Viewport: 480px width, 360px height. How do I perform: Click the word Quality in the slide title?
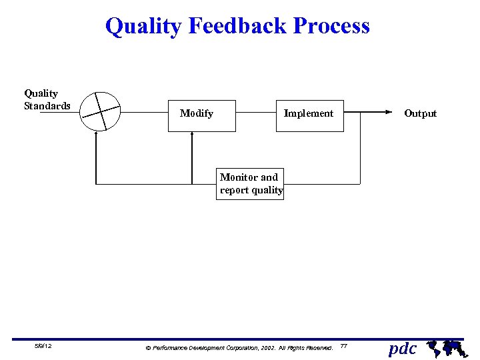[x=143, y=26]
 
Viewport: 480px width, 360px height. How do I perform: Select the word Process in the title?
[x=331, y=26]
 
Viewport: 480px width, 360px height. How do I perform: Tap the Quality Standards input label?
[x=47, y=99]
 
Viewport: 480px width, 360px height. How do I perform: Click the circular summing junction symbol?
[x=101, y=110]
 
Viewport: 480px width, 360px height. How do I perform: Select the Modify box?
[x=202, y=113]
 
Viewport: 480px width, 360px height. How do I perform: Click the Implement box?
[x=309, y=113]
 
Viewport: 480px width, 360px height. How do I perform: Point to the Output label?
[x=420, y=113]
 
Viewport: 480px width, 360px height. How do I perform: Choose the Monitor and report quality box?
[x=251, y=184]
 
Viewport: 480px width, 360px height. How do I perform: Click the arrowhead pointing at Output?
[x=389, y=113]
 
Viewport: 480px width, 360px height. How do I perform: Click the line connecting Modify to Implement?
[x=256, y=113]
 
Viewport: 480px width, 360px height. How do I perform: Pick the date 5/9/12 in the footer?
[x=44, y=347]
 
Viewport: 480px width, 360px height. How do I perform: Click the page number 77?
[x=343, y=346]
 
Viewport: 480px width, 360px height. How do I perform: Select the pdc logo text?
[x=403, y=348]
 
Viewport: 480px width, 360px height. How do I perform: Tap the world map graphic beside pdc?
[x=445, y=347]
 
